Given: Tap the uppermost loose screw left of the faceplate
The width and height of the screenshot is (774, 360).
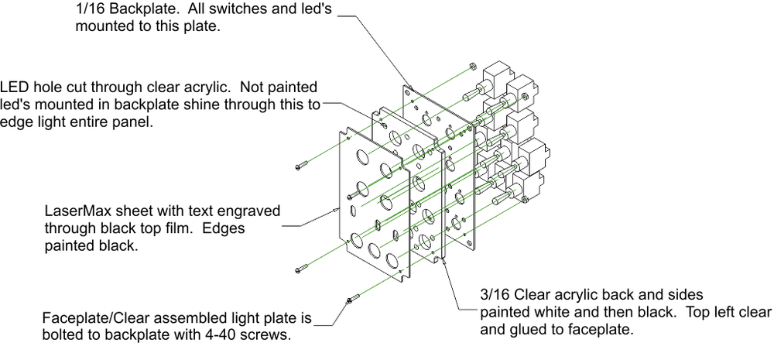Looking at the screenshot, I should pyautogui.click(x=303, y=165).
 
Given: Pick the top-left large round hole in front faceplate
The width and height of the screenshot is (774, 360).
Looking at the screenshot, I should pyautogui.click(x=362, y=156).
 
